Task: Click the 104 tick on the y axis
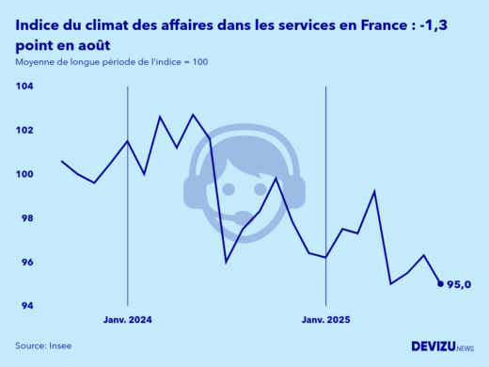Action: click(x=24, y=86)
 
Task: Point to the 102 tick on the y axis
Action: click(x=24, y=130)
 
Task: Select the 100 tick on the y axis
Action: click(x=24, y=174)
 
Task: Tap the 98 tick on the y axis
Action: click(x=26, y=218)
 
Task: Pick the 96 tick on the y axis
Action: click(x=26, y=263)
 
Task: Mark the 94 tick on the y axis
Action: click(x=26, y=306)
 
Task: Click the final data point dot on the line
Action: click(x=441, y=283)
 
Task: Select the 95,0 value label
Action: click(x=460, y=284)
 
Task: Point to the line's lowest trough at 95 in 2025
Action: click(x=391, y=283)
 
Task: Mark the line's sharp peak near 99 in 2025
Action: click(x=375, y=191)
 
